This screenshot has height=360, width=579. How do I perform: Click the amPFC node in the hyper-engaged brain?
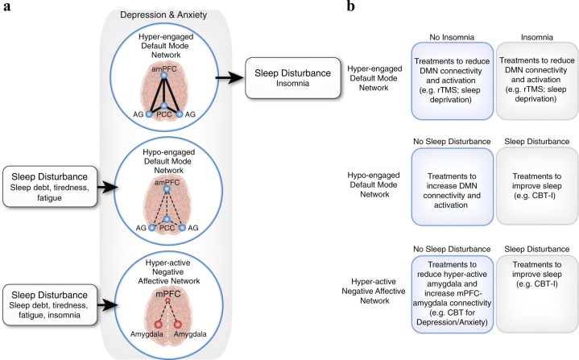[x=163, y=74]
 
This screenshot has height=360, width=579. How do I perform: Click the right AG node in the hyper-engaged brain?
[x=192, y=114]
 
